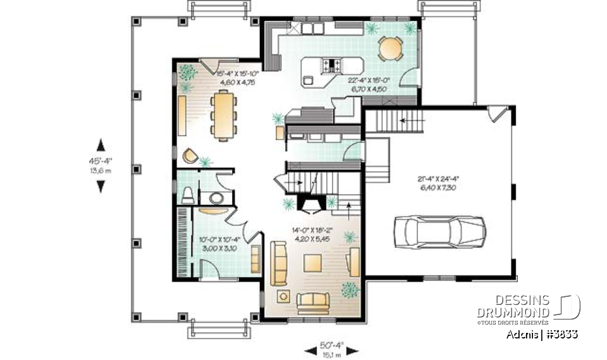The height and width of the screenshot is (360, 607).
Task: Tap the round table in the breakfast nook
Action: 390,49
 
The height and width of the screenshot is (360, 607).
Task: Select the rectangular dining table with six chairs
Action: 223,113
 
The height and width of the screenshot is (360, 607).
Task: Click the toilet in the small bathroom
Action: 187,196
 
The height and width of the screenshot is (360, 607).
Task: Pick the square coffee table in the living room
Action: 314,262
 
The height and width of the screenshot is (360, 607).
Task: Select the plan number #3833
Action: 561,334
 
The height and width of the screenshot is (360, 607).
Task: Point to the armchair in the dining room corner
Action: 190,155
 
